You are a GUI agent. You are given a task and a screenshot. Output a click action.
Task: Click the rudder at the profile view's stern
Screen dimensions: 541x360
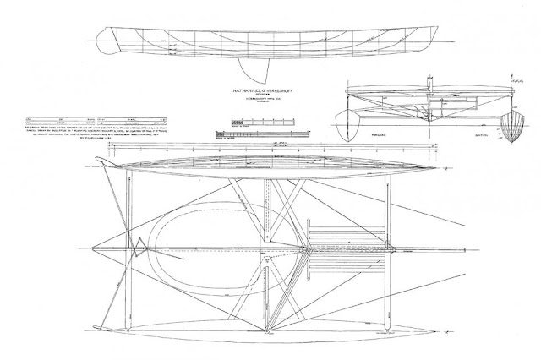pyautogui.click(x=103, y=38)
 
